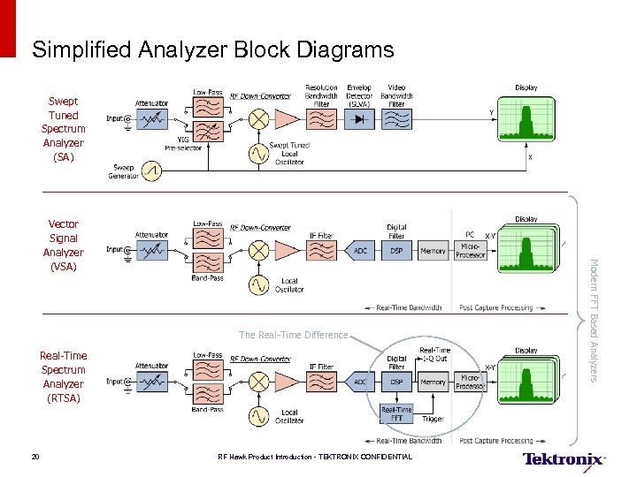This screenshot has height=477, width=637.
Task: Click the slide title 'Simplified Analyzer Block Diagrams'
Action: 212,50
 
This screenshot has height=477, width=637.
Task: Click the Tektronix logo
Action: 564,458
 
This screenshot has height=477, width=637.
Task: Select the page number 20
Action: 35,457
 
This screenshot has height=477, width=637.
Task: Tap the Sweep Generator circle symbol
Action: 152,170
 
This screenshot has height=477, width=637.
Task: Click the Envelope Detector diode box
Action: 359,119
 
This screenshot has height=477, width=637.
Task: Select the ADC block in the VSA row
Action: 360,251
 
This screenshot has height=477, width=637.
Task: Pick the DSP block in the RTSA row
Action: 397,382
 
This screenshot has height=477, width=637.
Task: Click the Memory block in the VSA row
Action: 433,251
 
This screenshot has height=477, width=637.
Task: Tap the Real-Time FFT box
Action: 396,413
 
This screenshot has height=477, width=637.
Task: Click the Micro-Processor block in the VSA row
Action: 470,250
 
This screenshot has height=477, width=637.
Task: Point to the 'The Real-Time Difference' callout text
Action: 294,335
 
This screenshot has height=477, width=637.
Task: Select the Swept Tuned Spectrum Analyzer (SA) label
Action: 63,129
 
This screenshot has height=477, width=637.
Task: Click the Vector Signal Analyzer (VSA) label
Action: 63,245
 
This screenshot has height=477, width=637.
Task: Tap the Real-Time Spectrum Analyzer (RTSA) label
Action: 63,376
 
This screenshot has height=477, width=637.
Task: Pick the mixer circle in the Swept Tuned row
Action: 259,119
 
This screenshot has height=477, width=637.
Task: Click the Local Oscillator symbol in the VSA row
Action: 259,284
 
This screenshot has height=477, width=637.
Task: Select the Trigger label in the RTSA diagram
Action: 434,419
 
